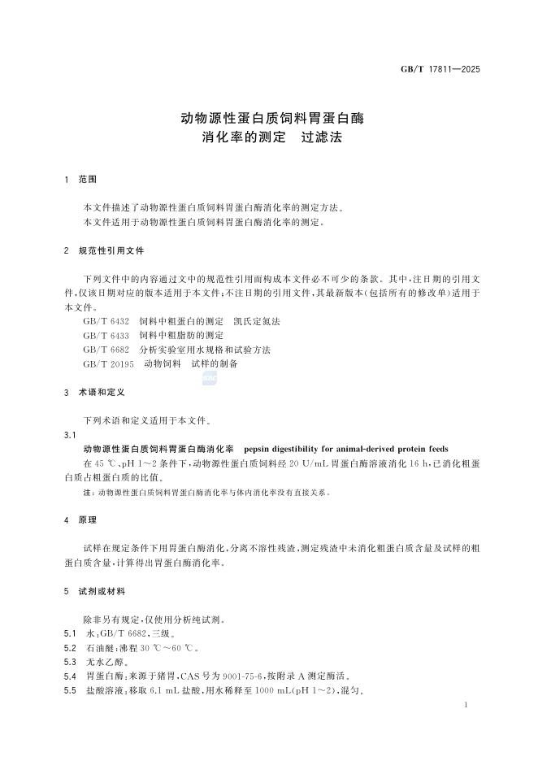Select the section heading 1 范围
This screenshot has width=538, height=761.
tap(81, 179)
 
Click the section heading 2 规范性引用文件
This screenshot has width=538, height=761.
tap(104, 251)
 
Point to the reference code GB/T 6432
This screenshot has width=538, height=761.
tap(106, 321)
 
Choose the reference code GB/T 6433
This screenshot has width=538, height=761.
tap(106, 335)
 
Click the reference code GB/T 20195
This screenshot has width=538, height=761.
tap(108, 363)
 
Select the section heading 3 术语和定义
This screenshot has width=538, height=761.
tap(94, 392)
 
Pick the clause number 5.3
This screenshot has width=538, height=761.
tap(69, 663)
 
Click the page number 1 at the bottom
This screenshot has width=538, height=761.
tap(465, 706)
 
